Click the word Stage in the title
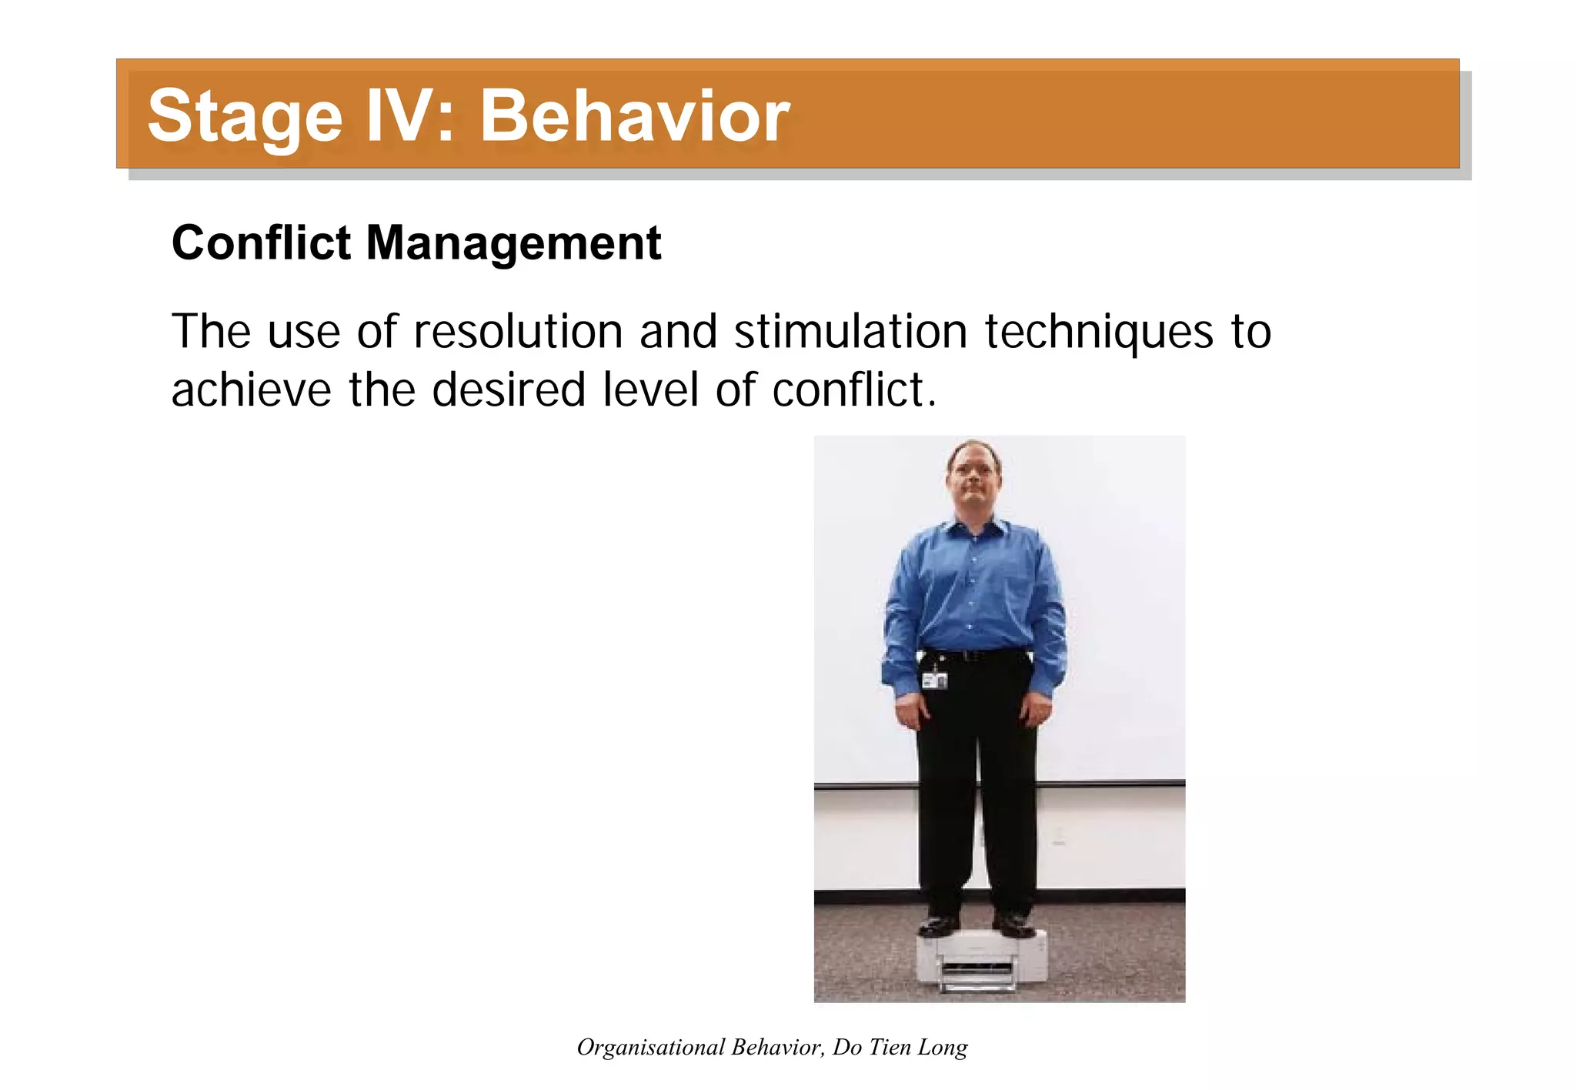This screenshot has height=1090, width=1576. click(x=244, y=116)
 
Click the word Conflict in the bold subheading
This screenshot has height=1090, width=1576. click(x=261, y=243)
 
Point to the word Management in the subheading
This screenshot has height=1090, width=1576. click(x=513, y=243)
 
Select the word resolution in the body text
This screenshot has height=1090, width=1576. click(x=517, y=332)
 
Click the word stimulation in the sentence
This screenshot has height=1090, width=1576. click(x=850, y=332)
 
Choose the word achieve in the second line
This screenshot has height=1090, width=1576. click(x=251, y=390)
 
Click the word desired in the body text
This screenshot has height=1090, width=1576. click(x=508, y=390)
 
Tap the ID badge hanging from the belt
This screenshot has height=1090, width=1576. click(x=935, y=680)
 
